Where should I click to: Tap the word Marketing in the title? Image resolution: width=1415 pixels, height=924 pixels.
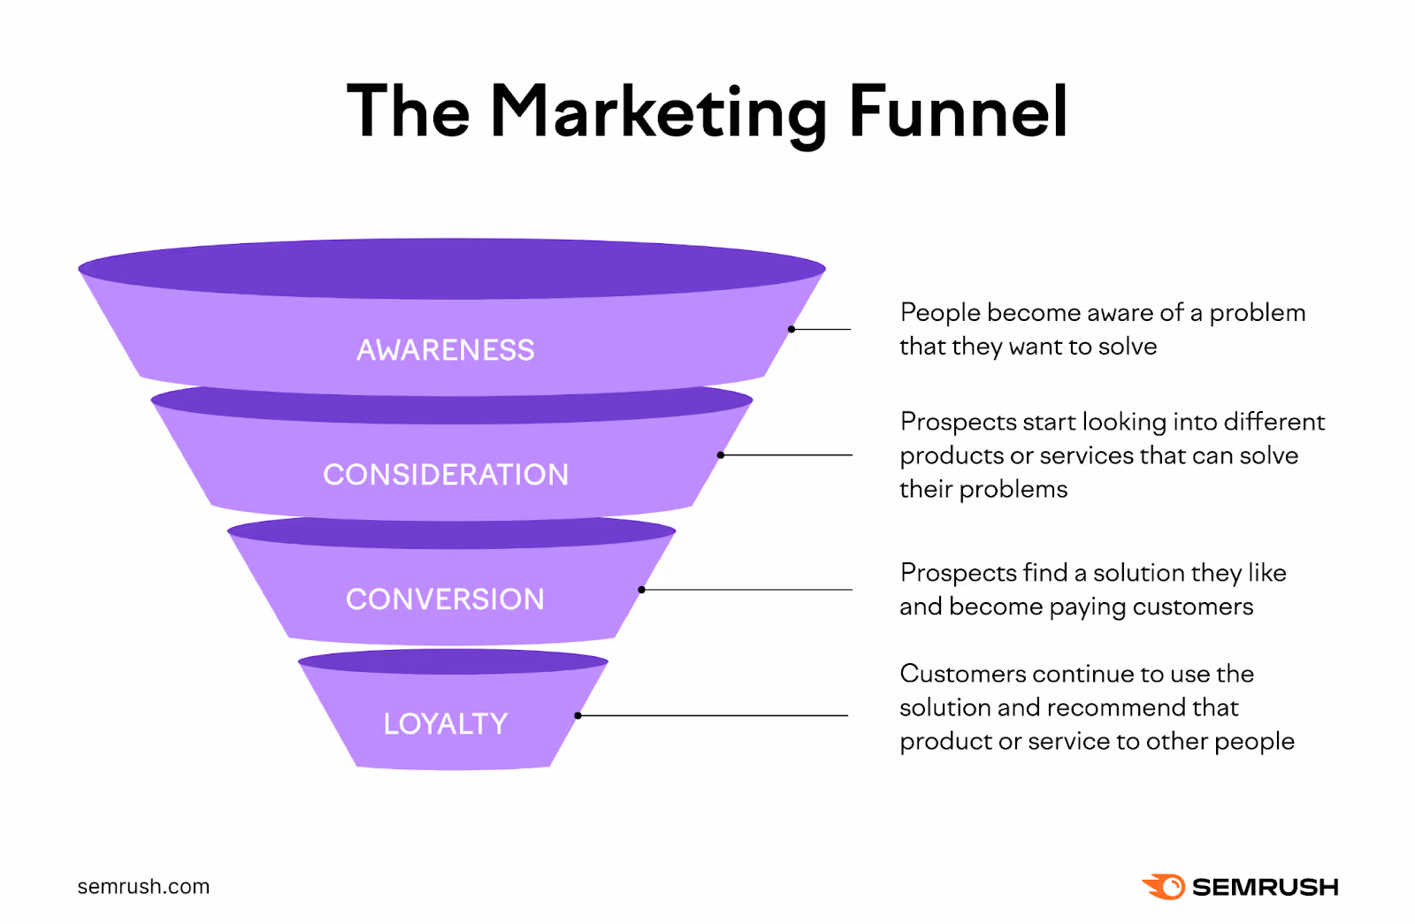[x=658, y=111]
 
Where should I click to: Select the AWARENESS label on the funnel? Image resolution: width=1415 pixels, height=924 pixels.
[x=446, y=350]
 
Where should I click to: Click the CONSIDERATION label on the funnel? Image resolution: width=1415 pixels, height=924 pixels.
[x=446, y=475]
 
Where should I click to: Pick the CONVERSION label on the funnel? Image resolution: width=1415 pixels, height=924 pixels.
[x=445, y=599]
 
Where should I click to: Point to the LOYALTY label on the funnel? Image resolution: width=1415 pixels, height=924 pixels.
[x=446, y=724]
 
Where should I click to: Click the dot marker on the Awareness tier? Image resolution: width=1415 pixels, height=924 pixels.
[x=792, y=329]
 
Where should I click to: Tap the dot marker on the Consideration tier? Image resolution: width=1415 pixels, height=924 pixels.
[x=721, y=455]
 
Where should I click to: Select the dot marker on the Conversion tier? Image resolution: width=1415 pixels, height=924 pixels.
[x=641, y=590]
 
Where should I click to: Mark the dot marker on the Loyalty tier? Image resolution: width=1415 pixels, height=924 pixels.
[x=577, y=715]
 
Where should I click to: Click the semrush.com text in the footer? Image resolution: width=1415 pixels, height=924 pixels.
[x=143, y=887]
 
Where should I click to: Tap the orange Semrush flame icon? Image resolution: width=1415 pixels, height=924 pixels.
[x=1164, y=887]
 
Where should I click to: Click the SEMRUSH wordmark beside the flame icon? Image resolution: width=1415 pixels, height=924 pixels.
[x=1265, y=887]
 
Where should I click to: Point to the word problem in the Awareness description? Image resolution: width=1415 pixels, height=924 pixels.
[x=1257, y=313]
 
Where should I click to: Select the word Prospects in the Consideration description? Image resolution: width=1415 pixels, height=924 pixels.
[x=958, y=422]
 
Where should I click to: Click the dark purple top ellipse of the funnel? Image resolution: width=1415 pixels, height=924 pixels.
[x=452, y=268]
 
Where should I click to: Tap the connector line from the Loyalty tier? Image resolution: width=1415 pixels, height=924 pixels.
[x=716, y=715]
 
